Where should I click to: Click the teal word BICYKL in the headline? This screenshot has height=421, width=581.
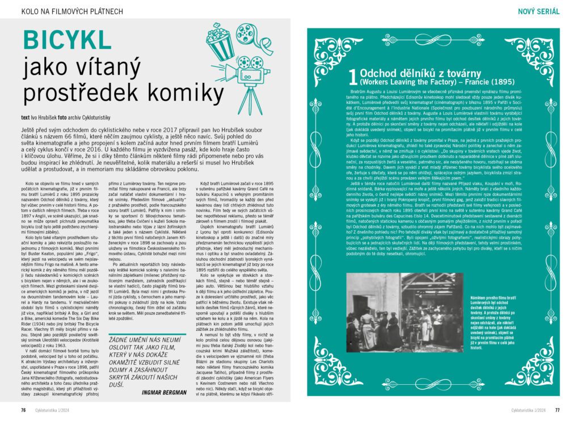click(66, 41)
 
